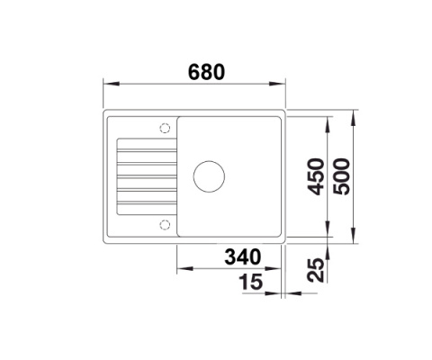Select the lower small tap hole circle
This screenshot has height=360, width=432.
coord(163,221)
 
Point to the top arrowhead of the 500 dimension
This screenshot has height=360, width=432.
coord(356,114)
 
